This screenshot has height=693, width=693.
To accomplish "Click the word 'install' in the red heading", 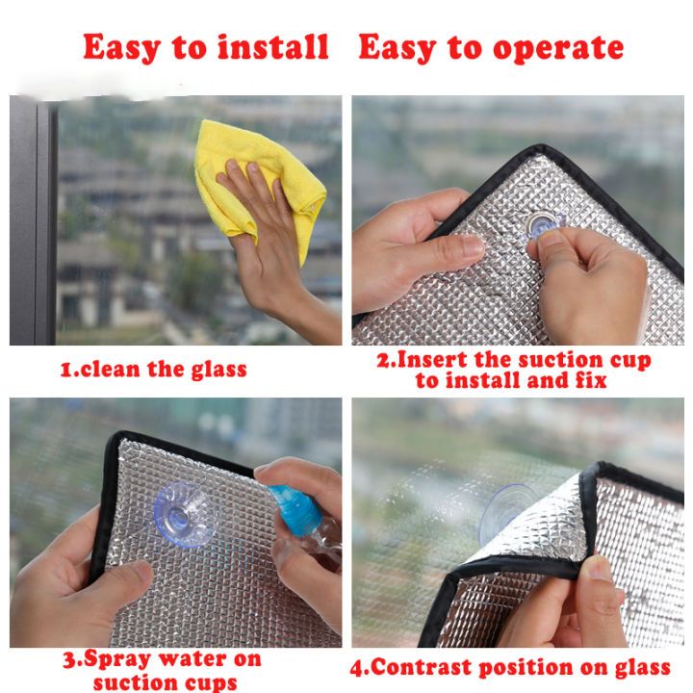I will pos(273,47).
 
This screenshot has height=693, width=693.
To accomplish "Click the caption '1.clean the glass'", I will pos(154,369).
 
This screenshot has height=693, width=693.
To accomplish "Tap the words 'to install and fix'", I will pos(511,381).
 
